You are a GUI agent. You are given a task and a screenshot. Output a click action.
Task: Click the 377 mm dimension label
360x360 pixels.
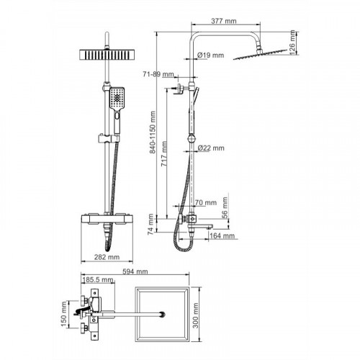coord(224,21)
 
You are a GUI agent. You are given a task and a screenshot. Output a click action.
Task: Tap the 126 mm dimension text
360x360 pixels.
coord(292,42)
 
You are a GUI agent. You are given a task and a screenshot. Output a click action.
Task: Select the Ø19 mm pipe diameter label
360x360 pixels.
coord(210,55)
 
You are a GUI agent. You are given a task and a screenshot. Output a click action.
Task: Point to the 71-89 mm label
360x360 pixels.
coord(158,74)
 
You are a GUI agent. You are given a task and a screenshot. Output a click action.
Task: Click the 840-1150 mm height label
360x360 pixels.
coord(153,132)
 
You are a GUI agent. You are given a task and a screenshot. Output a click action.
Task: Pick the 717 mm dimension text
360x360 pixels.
coord(164,154)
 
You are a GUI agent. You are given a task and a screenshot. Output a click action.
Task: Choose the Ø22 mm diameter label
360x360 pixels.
coord(211,148)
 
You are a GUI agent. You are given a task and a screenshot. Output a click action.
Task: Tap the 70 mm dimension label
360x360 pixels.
coord(206,202)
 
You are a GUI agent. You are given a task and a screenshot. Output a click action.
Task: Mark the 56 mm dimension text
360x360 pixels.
coord(225,207)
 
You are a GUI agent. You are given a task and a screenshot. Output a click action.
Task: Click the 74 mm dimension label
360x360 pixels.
coord(150,224)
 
